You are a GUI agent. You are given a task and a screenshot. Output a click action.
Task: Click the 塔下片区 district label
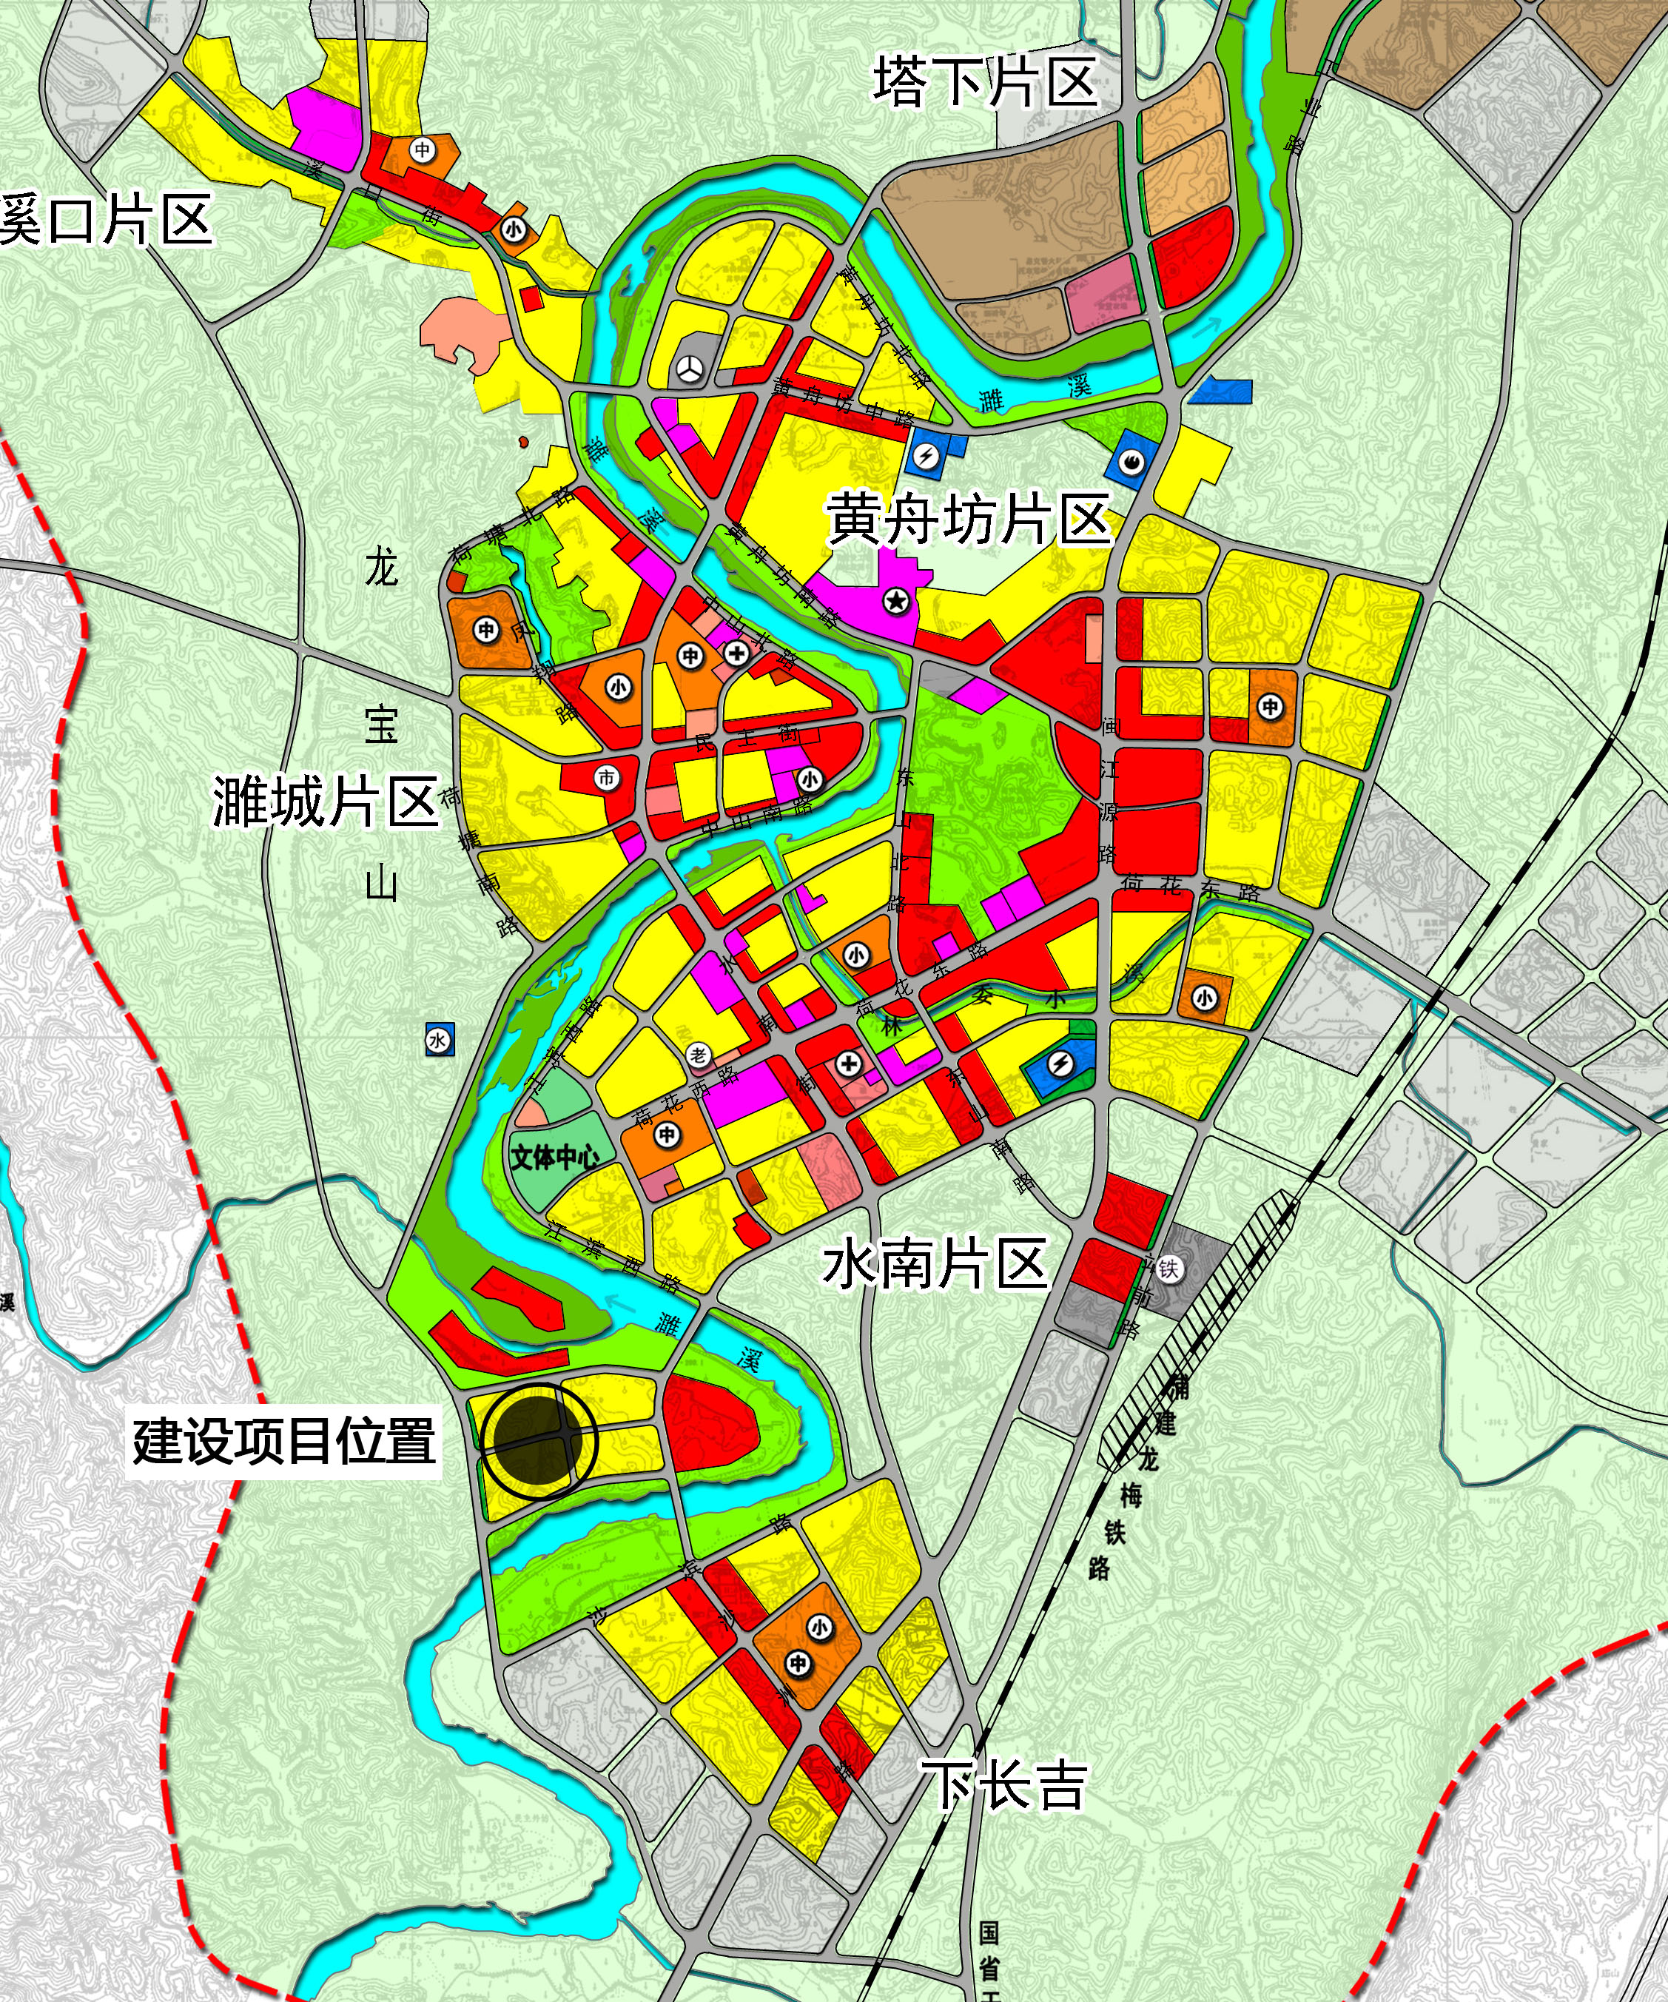[x=985, y=82]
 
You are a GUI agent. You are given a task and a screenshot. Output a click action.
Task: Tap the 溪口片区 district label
[x=105, y=221]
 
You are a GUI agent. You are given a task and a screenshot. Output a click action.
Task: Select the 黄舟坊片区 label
[x=969, y=520]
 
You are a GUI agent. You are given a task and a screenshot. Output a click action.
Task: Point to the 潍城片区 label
[x=325, y=801]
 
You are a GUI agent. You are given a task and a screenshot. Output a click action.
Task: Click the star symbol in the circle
[x=896, y=602]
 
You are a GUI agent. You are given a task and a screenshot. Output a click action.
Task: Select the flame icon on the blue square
[x=1131, y=463]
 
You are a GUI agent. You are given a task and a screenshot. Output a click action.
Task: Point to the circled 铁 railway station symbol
[x=1169, y=1269]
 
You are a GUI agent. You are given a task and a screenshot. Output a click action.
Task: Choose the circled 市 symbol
[x=606, y=778]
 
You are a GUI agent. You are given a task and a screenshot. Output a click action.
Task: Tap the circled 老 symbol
[x=699, y=1055]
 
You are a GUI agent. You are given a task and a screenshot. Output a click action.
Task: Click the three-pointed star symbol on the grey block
[x=692, y=368]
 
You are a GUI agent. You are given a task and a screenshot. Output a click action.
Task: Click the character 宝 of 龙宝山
[x=381, y=725]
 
